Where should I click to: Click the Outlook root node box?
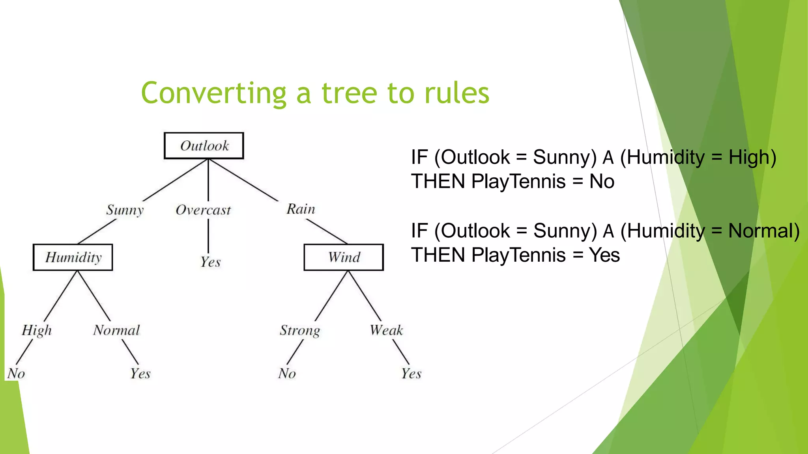204,146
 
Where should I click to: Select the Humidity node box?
73,257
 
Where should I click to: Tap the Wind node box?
344,257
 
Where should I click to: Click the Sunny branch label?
125,210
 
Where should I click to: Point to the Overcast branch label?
203,210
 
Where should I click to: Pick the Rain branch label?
301,209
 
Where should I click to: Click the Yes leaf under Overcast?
210,262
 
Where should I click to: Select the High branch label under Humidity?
37,330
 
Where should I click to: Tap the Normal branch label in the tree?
116,330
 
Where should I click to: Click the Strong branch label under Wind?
300,330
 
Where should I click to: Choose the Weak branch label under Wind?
386,330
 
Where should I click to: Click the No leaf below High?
16,373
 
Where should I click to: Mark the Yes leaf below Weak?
411,373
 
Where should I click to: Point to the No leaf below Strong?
287,373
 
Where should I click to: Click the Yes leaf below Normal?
140,373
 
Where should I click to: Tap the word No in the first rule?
602,182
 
